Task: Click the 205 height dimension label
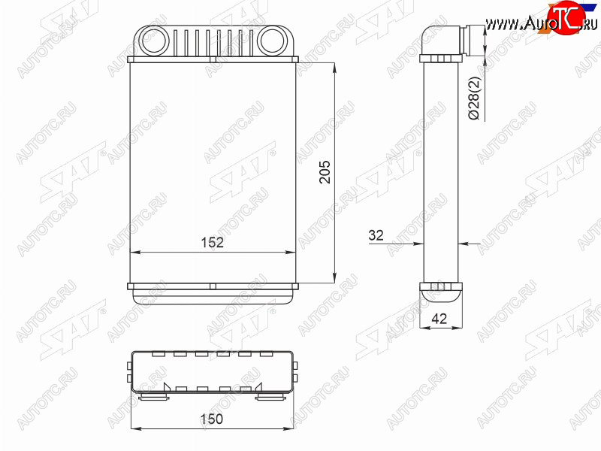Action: [x=325, y=172]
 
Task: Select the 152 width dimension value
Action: [x=213, y=242]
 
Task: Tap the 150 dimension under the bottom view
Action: [x=211, y=419]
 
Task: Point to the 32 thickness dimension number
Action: [x=376, y=235]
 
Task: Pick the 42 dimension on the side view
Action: [x=439, y=318]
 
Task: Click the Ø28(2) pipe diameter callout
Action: [x=474, y=98]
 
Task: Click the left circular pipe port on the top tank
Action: [x=154, y=41]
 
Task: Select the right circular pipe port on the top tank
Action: [x=272, y=41]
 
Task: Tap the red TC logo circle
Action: [x=566, y=17]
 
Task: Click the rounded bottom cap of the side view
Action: [x=441, y=296]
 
